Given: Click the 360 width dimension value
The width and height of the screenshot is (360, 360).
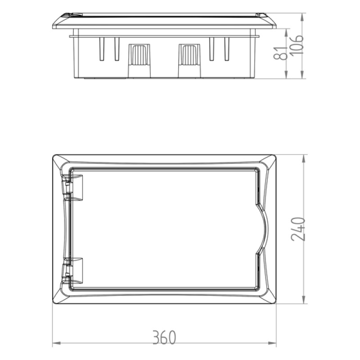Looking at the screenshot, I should [163, 337].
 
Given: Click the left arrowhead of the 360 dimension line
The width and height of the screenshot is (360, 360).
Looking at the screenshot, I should [55, 345].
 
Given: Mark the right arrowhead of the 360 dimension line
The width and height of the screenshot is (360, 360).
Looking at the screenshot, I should [274, 345].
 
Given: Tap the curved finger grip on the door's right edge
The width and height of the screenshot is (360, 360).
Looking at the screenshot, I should [263, 229].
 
